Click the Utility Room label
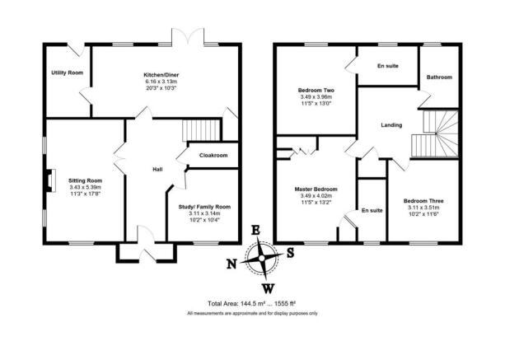(x=68, y=72)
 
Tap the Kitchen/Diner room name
(x=161, y=75)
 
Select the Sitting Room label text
(x=86, y=180)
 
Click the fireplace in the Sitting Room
(x=50, y=180)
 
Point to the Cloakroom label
(x=213, y=155)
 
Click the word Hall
(x=157, y=169)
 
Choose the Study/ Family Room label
(x=204, y=207)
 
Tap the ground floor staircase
(x=201, y=130)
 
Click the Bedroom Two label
(x=316, y=91)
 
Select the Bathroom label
(x=439, y=77)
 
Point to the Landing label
(x=391, y=125)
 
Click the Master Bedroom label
(x=316, y=189)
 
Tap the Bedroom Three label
(x=423, y=201)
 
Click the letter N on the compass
(x=231, y=264)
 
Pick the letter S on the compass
(x=291, y=253)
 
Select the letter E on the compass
(x=255, y=230)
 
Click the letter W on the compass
(x=268, y=289)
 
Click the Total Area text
(x=251, y=303)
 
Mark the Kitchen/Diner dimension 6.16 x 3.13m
(x=161, y=82)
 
